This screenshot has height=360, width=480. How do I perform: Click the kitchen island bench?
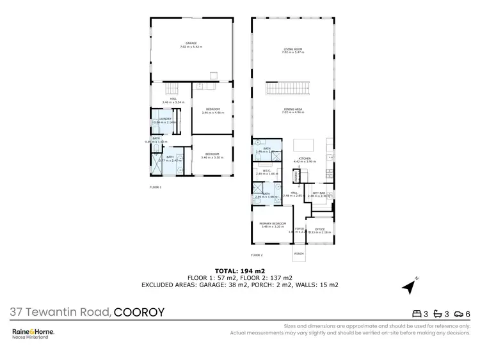(x=305, y=144)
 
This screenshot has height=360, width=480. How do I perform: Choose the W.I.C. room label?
(x=265, y=171)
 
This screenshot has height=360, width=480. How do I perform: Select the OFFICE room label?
(x=319, y=229)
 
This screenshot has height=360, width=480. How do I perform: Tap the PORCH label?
(x=298, y=254)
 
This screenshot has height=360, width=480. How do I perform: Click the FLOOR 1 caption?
(x=156, y=187)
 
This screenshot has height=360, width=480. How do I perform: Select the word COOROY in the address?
(x=139, y=313)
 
